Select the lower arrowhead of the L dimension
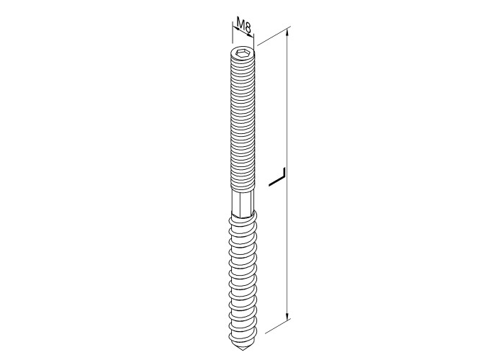288,316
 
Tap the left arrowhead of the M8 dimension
235,29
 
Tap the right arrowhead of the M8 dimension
251,34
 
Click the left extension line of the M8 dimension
232,32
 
